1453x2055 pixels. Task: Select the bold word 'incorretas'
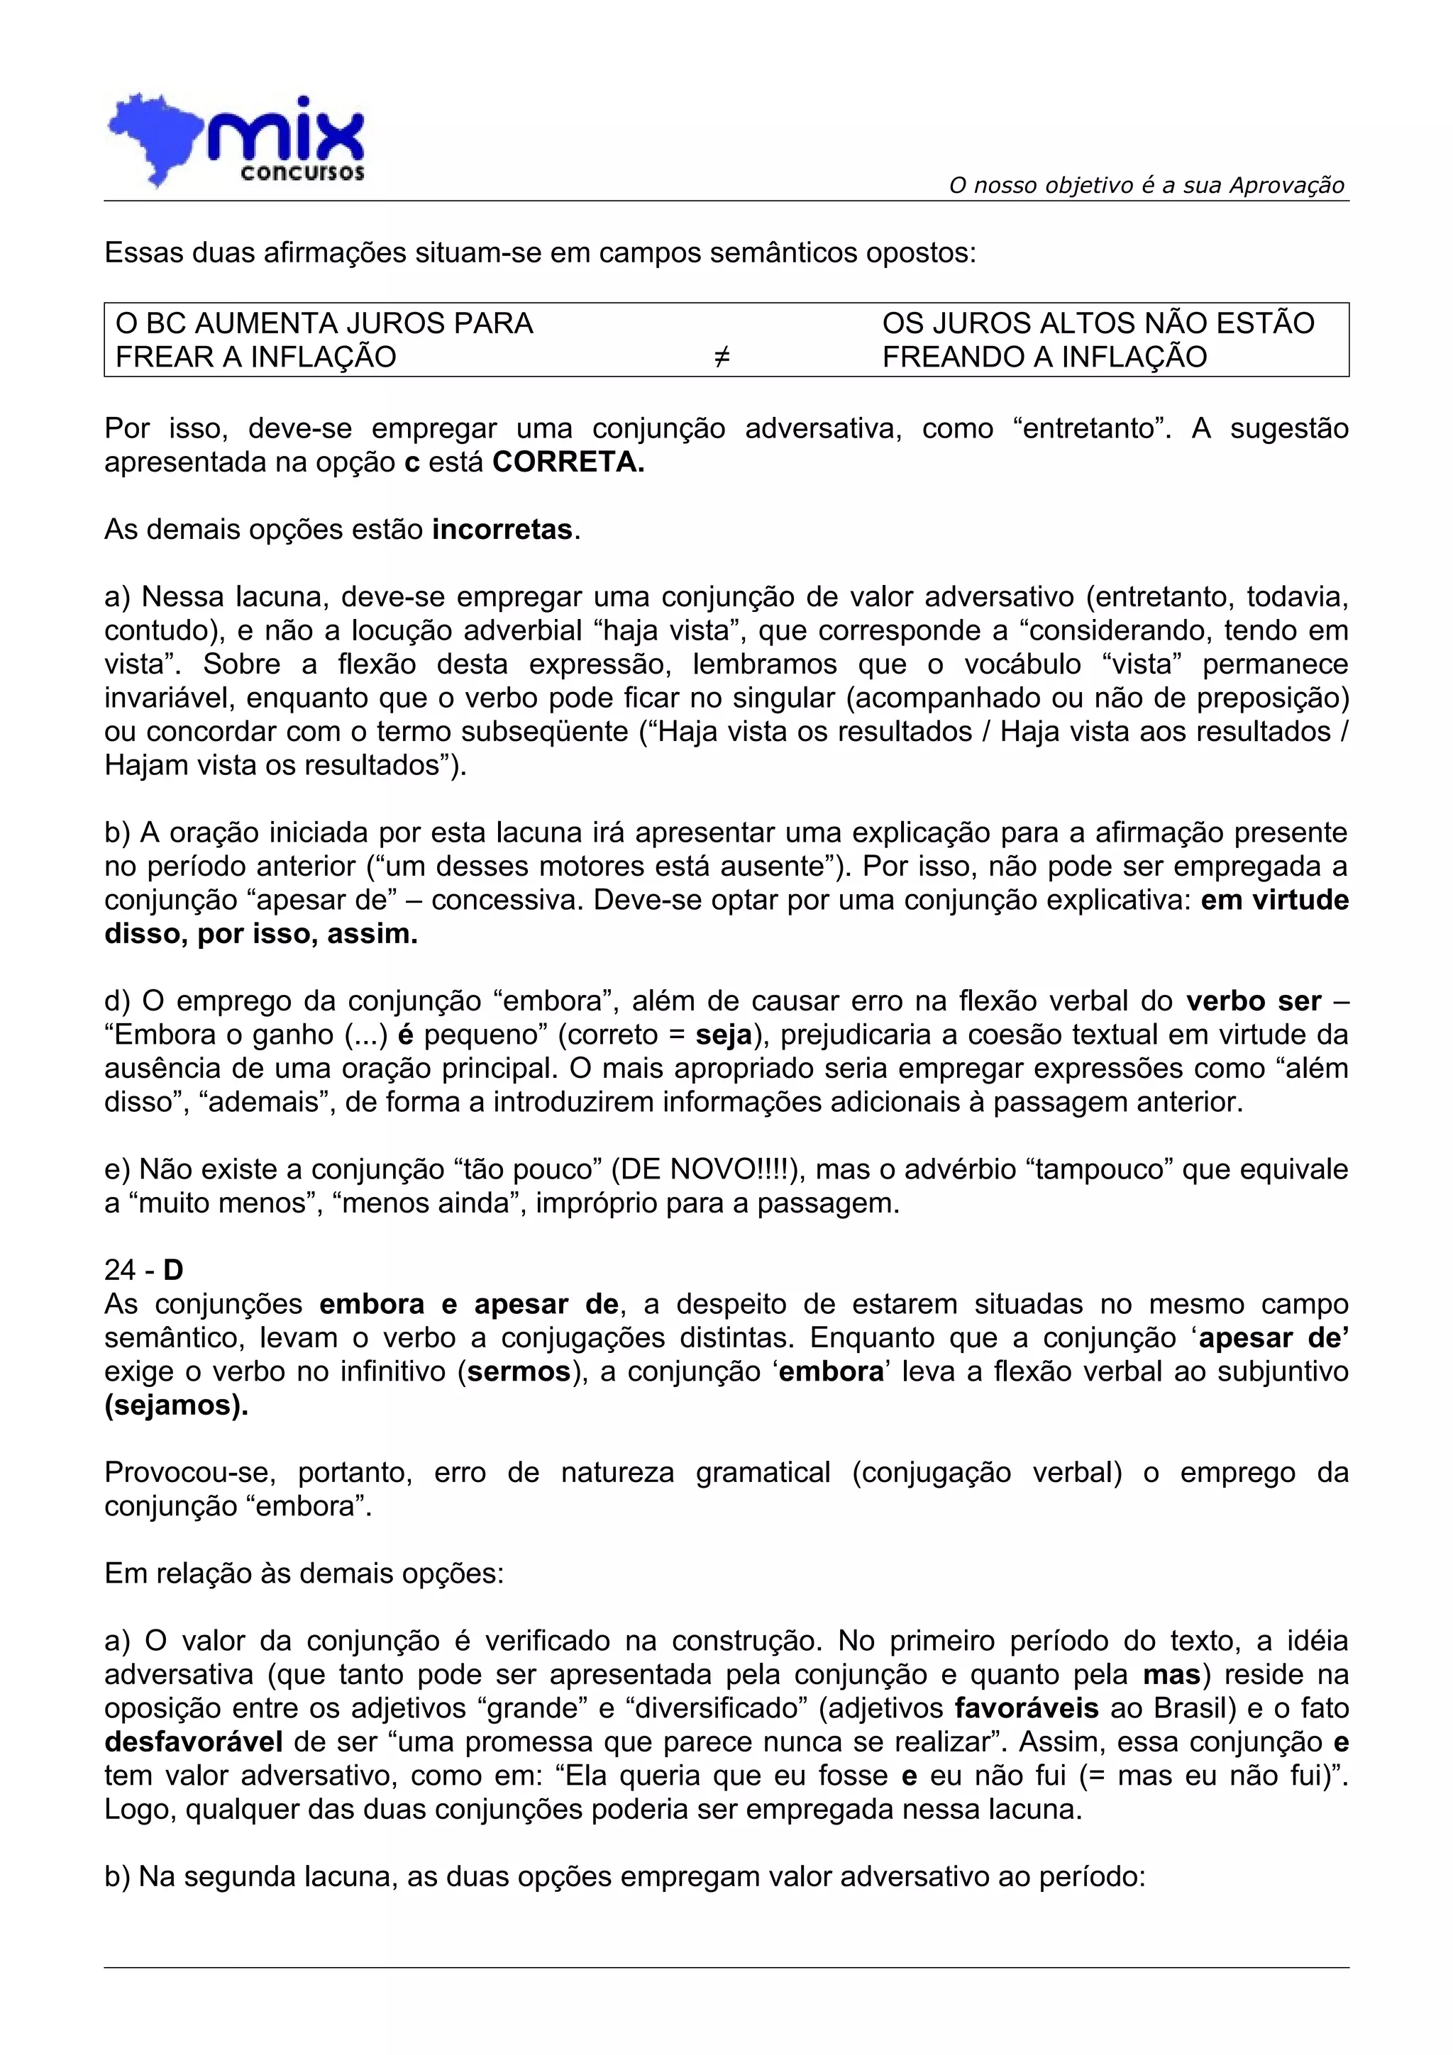502,529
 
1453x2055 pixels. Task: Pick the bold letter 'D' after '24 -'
173,1269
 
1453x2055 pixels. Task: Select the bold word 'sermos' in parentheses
519,1371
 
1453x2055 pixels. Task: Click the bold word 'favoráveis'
1027,1708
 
